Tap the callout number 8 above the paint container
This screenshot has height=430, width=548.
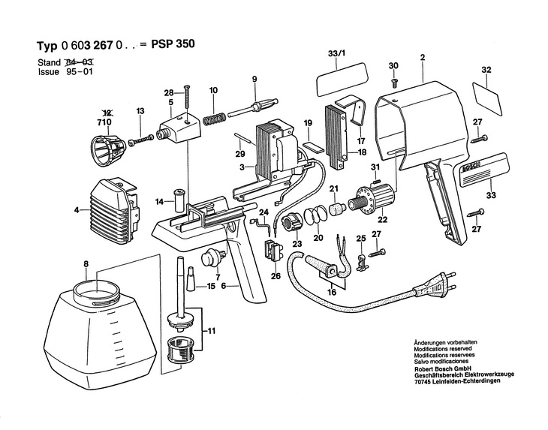(x=86, y=263)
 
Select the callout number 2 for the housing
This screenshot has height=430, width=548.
(x=423, y=57)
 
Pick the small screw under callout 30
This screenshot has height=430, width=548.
(x=396, y=80)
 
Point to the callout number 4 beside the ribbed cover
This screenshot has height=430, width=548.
(x=77, y=210)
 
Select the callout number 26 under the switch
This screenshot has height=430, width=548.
(x=276, y=275)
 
